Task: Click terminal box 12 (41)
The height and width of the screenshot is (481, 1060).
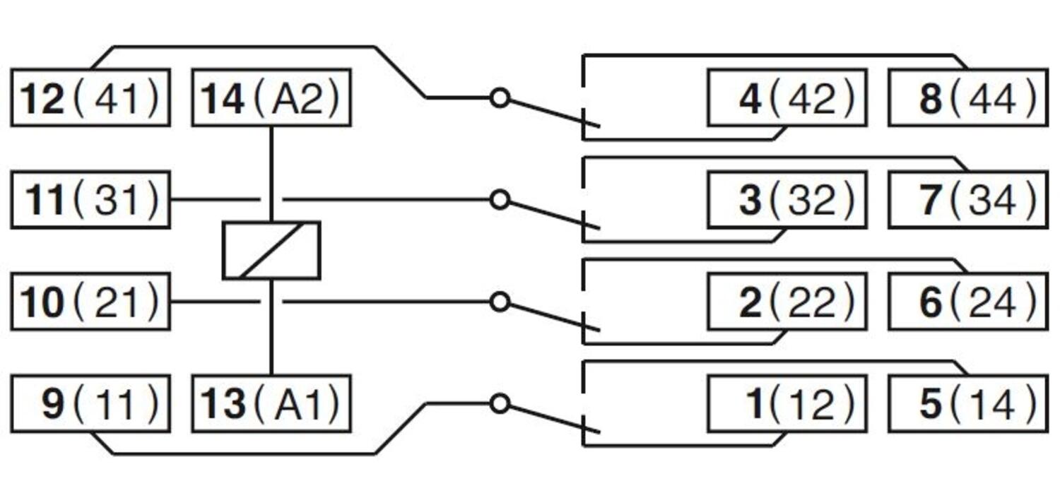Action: (90, 98)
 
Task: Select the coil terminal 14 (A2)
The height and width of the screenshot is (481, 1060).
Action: (271, 98)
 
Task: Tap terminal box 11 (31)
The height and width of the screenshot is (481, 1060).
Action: (90, 200)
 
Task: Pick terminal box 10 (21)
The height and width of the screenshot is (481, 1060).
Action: (90, 302)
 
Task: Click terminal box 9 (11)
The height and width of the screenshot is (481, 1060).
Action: (90, 404)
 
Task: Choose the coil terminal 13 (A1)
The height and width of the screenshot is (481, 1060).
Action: (271, 404)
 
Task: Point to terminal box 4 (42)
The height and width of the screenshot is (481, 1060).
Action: (787, 98)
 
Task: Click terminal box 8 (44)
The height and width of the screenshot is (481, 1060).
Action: (967, 98)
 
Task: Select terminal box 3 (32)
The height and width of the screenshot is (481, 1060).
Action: (787, 200)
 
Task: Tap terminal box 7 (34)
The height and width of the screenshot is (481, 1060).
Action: (967, 200)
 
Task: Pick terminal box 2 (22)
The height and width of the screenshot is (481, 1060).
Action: (787, 302)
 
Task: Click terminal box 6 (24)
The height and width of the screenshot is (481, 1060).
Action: (967, 302)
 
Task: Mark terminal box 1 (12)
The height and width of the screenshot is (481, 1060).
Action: (787, 404)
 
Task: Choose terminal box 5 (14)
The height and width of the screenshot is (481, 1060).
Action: (967, 404)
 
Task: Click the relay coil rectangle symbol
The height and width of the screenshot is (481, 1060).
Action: (271, 251)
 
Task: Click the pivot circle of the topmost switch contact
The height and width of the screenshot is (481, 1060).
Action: (500, 98)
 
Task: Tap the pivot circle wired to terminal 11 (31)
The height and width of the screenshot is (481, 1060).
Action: (500, 200)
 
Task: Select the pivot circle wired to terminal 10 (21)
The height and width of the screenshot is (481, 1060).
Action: (500, 302)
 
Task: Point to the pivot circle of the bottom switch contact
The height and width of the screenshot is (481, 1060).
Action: (500, 404)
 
